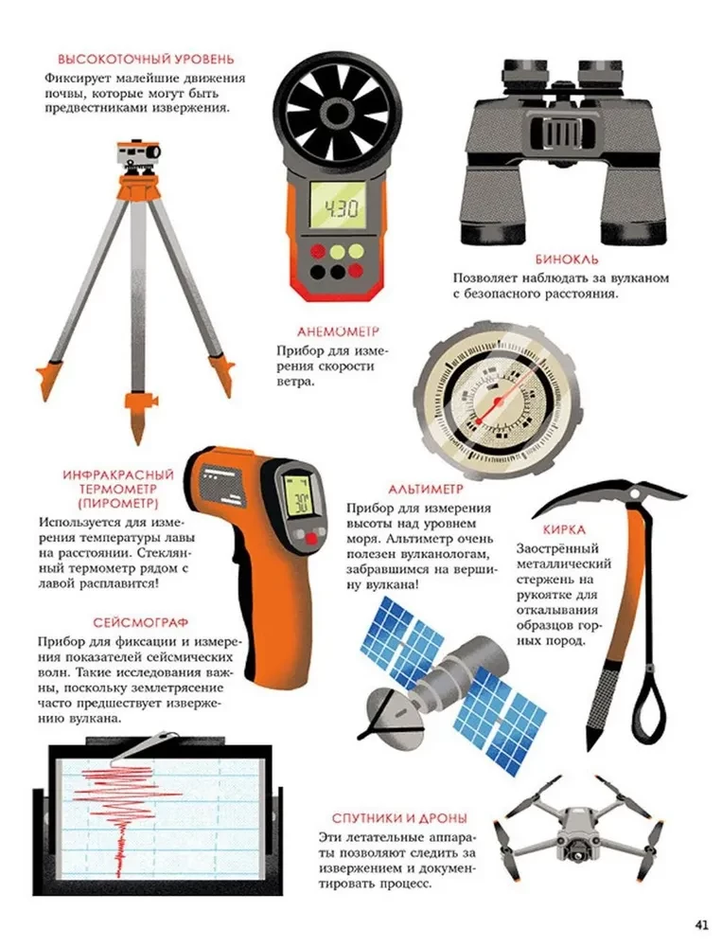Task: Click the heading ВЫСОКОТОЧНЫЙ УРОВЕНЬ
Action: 146,59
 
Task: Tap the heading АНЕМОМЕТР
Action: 338,331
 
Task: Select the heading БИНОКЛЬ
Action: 567,259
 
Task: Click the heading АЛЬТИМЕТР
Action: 426,489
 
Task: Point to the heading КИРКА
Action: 564,529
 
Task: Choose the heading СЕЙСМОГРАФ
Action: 141,623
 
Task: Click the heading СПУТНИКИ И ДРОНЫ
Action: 399,818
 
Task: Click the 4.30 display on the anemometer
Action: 338,207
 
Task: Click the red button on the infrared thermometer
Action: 311,538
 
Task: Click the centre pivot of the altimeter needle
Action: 497,401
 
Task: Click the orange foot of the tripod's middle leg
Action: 138,417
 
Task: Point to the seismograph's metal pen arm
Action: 144,746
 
